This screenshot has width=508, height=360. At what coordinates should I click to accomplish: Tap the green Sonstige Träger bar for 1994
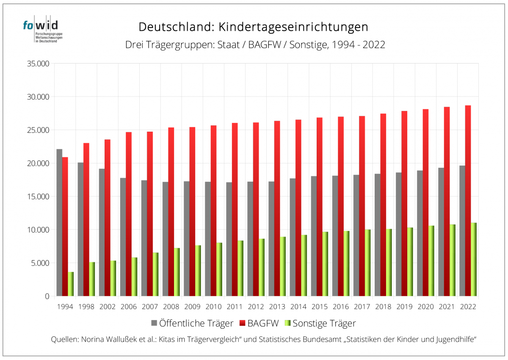tap(71, 284)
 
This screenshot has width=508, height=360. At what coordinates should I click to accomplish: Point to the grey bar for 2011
tap(229, 239)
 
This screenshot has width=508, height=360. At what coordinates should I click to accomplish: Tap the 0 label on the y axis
tap(47, 296)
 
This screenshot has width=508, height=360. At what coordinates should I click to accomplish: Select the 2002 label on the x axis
tap(108, 307)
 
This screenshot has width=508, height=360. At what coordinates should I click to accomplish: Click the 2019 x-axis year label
tap(404, 307)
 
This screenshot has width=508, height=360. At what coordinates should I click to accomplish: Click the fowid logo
tap(41, 30)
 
